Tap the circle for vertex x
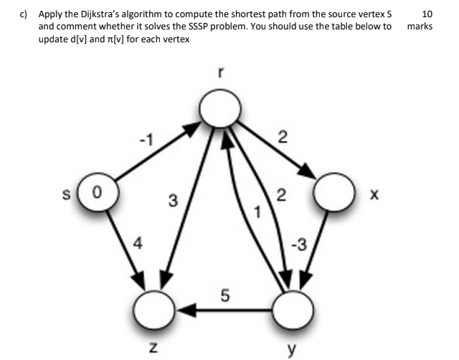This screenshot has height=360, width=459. click(333, 194)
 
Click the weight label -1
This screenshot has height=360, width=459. click(147, 137)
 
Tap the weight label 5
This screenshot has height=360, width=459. click(224, 294)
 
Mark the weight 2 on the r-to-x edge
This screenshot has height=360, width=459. click(283, 136)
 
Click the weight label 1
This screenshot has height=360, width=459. click(250, 213)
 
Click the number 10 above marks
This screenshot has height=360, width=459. click(427, 14)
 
